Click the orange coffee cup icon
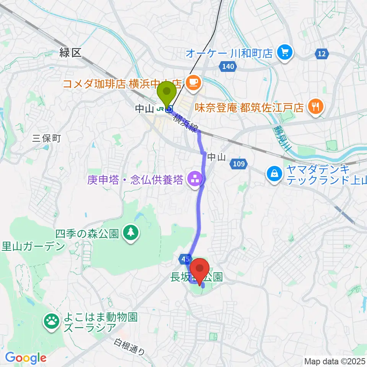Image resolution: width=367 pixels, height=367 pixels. (x=193, y=81)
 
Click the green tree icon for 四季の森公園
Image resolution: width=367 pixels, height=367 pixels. (x=131, y=232)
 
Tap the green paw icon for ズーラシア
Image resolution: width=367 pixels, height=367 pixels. (x=51, y=321)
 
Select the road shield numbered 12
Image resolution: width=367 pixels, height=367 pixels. (x=322, y=54)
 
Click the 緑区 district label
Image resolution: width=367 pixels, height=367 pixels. (x=71, y=53)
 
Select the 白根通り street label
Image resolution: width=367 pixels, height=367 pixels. (x=129, y=347)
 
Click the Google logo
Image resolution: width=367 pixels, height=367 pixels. (x=26, y=357)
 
